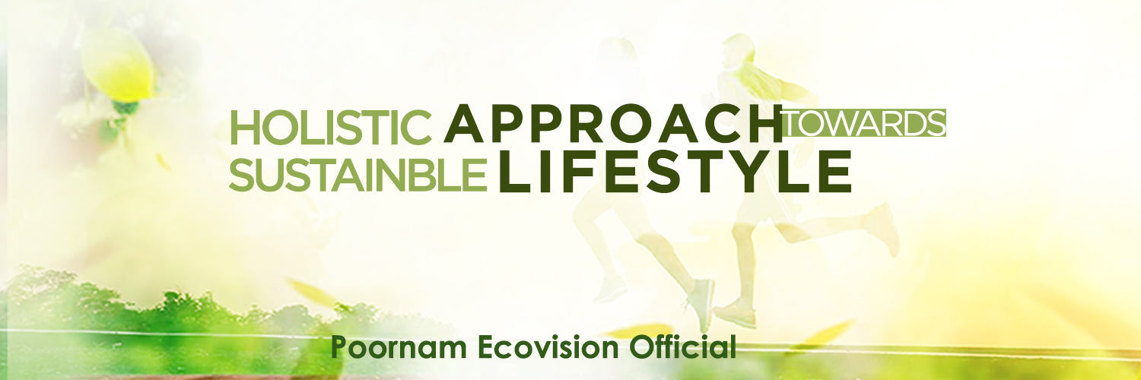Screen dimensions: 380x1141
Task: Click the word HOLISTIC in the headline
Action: (x=332, y=128)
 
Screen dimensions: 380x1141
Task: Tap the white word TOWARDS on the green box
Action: (x=864, y=123)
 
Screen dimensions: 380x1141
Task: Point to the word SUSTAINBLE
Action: (x=358, y=175)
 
